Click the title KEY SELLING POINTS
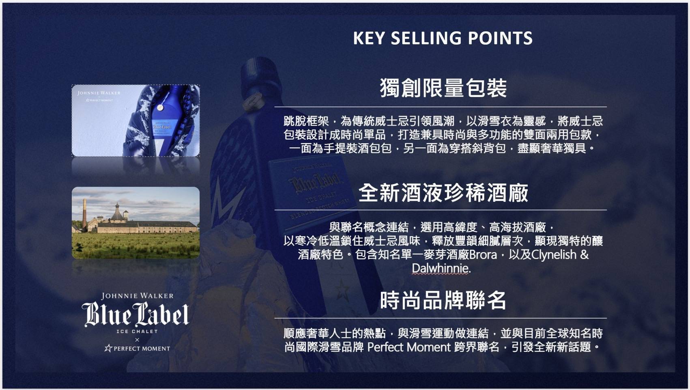(443, 38)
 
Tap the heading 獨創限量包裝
(443, 88)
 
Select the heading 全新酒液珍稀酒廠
(443, 193)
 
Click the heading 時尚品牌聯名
(443, 300)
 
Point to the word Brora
(483, 255)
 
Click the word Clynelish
(554, 255)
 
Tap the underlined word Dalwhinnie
(441, 268)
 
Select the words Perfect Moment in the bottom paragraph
(409, 347)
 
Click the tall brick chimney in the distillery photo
(84, 215)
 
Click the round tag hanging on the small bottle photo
(160, 107)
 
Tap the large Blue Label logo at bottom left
(135, 314)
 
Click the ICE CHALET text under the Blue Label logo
(137, 332)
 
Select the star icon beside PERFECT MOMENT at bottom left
(108, 349)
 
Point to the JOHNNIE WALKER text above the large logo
(138, 296)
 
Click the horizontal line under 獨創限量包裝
(441, 107)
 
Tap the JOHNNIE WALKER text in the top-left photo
(99, 93)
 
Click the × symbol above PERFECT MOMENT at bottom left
(137, 340)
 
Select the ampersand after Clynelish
(585, 255)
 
